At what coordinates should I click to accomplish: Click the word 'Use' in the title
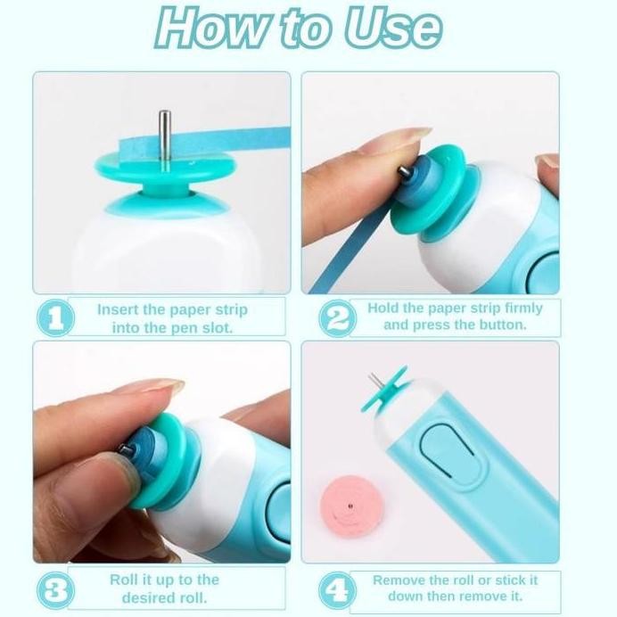[x=393, y=29]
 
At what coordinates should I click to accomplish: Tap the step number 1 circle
[x=55, y=318]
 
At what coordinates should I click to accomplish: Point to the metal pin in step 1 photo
[x=164, y=134]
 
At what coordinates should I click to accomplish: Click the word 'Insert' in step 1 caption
[x=118, y=310]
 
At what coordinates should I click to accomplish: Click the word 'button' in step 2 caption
[x=502, y=325]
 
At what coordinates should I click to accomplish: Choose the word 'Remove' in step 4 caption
[x=399, y=580]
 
